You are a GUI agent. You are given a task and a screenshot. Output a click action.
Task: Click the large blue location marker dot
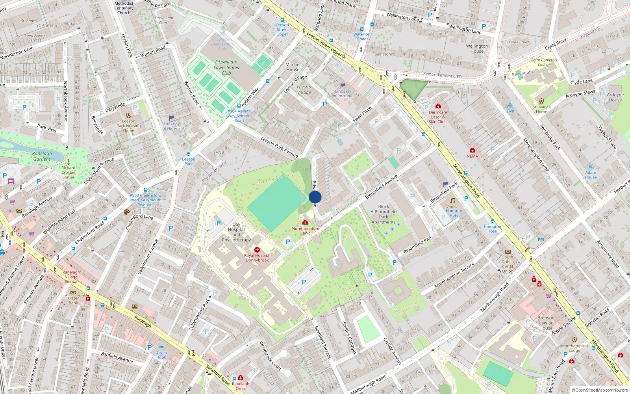pyautogui.click(x=315, y=197)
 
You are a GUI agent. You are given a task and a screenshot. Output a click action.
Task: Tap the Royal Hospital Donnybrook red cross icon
pyautogui.click(x=257, y=250)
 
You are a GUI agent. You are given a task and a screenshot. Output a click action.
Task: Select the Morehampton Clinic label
pyautogui.click(x=305, y=231)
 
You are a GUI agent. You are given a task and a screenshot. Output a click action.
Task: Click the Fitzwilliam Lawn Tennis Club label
pyautogui.click(x=226, y=67)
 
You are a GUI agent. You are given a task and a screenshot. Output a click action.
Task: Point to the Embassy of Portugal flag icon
pyautogui.click(x=343, y=85)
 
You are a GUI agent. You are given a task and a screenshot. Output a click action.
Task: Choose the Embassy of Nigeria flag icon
pyautogui.click(x=172, y=118)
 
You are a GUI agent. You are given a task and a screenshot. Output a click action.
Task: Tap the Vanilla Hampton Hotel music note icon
pyautogui.click(x=453, y=201)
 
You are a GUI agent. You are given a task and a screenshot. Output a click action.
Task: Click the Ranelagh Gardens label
pyautogui.click(x=42, y=156)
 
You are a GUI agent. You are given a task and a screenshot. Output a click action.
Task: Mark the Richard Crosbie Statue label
pyautogui.click(x=68, y=173)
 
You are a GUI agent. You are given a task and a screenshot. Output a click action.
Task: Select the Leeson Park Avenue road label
pyautogui.click(x=279, y=147)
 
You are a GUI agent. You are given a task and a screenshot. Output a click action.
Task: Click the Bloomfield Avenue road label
pyautogui.click(x=381, y=187)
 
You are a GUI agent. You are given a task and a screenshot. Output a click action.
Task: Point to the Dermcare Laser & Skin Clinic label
pyautogui.click(x=438, y=117)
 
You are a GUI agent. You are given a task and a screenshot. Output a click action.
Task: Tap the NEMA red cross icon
pyautogui.click(x=472, y=150)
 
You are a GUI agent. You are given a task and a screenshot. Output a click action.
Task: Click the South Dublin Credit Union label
pyautogui.click(x=508, y=264)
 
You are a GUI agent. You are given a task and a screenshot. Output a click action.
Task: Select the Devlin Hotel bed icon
pyautogui.click(x=161, y=347)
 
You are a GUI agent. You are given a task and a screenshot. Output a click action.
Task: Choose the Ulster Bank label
pyautogui.click(x=73, y=301)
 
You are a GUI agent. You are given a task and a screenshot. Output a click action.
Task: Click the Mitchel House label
pyautogui.click(x=293, y=67)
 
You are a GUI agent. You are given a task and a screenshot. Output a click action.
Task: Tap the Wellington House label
pyautogui.click(x=477, y=48)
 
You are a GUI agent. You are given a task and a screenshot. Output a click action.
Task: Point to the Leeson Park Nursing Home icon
pyautogui.click(x=128, y=115)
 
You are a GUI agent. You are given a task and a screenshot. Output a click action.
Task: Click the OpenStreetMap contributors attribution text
pyautogui.click(x=600, y=390)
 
